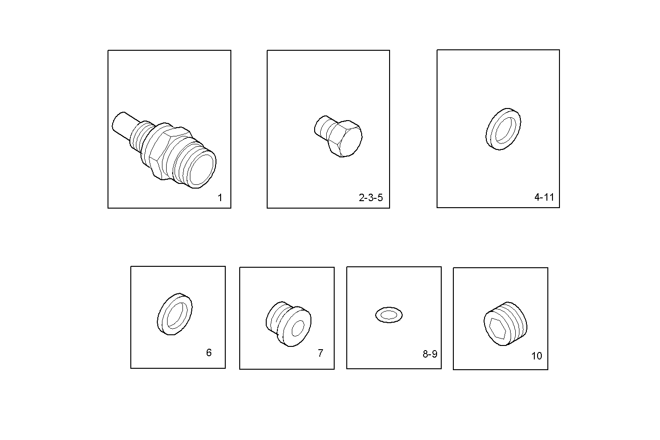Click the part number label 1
[220, 198]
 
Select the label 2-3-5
[370, 198]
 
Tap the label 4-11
[544, 197]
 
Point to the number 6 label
[209, 353]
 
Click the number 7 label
[320, 353]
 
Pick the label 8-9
[430, 354]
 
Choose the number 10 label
[537, 356]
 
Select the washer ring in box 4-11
[503, 129]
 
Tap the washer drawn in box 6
[175, 314]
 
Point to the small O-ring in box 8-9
[389, 315]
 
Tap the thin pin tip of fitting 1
[121, 123]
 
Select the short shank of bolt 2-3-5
[322, 127]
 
